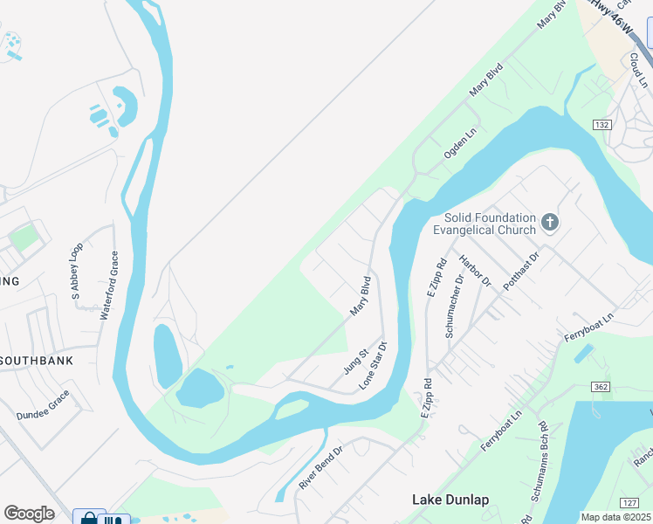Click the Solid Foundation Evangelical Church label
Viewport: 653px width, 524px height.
(489, 224)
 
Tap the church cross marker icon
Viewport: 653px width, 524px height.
(550, 222)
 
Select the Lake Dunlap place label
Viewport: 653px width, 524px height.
(450, 500)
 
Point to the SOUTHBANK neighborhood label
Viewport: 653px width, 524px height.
(36, 360)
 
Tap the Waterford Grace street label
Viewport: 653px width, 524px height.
(108, 285)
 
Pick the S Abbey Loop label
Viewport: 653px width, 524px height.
(76, 271)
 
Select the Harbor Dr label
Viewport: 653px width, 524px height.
(476, 272)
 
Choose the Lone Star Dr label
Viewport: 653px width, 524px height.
(373, 366)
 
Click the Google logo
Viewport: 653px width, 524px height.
(30, 514)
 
